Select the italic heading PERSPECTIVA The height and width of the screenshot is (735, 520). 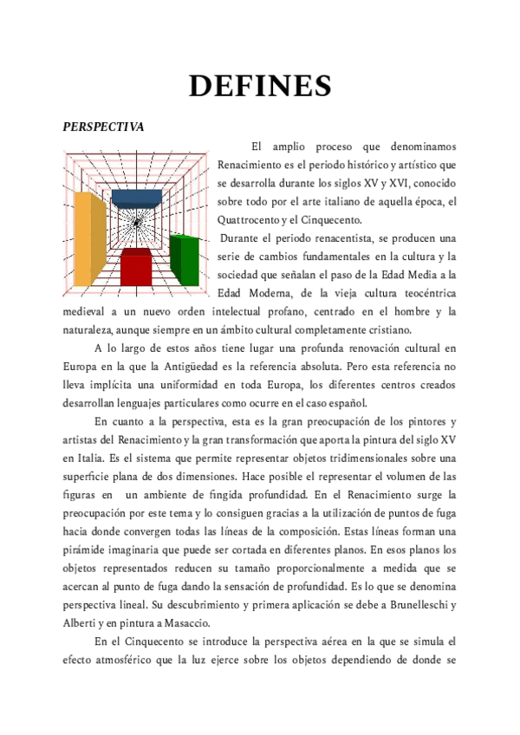[103, 127]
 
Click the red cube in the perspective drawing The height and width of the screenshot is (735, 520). [136, 266]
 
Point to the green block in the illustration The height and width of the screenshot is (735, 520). [185, 252]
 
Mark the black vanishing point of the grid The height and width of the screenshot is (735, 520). [137, 224]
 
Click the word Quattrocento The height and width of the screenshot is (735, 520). [250, 220]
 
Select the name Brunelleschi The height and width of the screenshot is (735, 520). [416, 603]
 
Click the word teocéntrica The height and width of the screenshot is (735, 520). [419, 293]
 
